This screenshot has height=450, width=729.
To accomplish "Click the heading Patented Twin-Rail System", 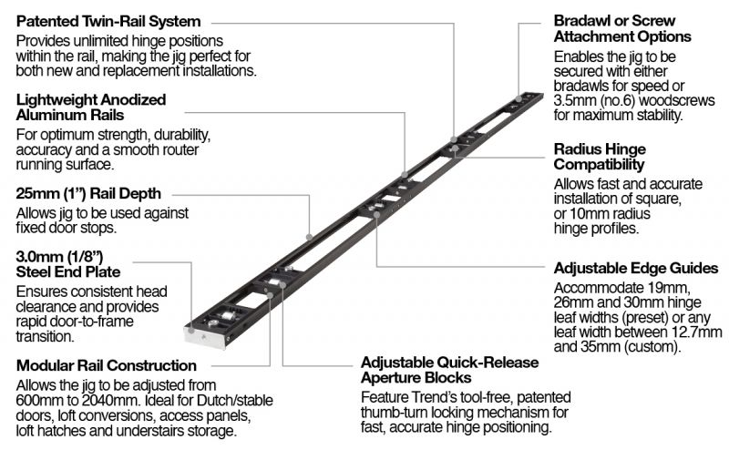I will pyautogui.click(x=108, y=20).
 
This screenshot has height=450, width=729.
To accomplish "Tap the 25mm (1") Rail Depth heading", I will pyautogui.click(x=88, y=193).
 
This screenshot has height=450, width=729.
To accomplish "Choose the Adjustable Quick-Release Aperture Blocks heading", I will pyautogui.click(x=449, y=369).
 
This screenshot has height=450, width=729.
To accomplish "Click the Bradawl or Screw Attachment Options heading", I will pyautogui.click(x=621, y=28).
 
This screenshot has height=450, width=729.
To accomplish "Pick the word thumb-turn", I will pyautogui.click(x=402, y=413).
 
